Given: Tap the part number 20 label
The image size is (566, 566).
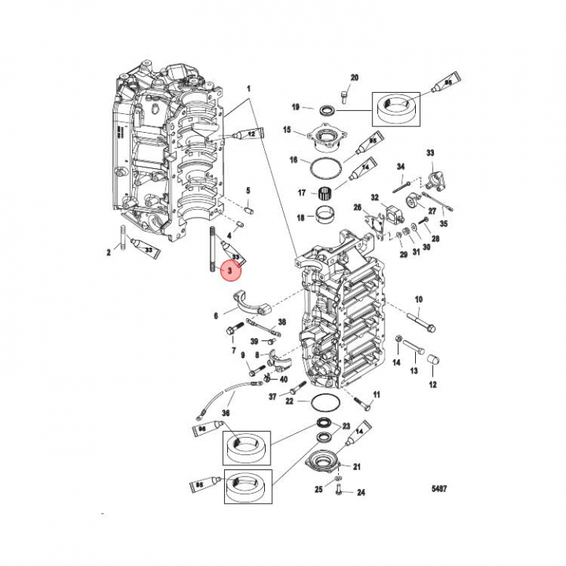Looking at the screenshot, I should coord(354,77).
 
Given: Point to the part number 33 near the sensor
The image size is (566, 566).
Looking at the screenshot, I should coord(431,153).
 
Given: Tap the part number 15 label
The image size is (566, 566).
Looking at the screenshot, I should coord(288,130).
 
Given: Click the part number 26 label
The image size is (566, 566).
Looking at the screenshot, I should coord(357,208).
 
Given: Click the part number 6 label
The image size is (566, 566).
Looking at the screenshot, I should coord(215,316).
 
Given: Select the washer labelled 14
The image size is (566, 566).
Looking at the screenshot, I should coord(400,340).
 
